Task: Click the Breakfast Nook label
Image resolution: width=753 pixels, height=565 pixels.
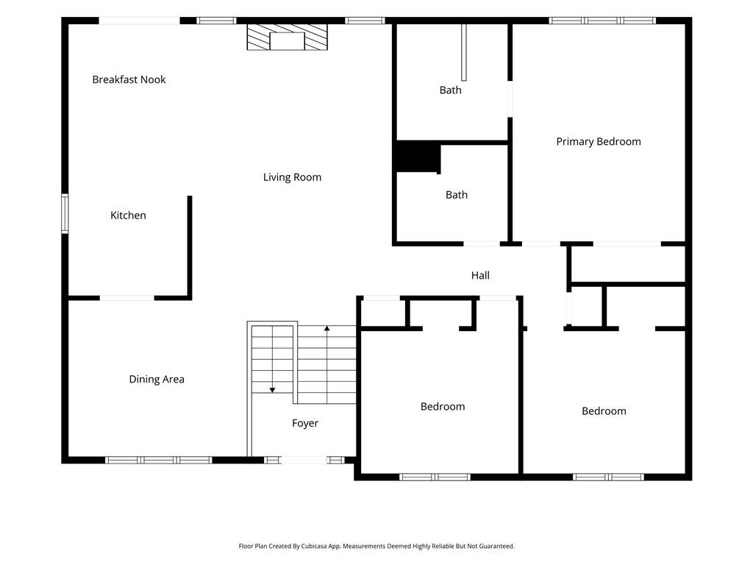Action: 129,79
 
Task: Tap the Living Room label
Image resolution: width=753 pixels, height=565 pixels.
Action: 292,177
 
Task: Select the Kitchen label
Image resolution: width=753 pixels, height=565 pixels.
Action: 128,216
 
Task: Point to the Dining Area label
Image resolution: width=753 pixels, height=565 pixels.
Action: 157,379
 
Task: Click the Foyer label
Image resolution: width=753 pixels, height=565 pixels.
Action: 305,423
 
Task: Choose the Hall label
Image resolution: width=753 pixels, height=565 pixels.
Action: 480,275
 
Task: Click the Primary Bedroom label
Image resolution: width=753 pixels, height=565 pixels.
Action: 599,142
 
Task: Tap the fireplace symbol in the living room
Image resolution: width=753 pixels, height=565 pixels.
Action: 288,37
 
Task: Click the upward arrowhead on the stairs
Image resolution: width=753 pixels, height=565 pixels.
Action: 327,329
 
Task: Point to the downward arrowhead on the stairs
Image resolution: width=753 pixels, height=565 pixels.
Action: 272,390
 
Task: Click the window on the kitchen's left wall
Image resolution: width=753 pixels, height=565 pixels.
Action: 65,214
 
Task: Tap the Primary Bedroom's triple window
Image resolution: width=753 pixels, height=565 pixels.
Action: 602,21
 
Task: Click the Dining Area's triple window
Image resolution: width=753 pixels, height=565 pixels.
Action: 159,461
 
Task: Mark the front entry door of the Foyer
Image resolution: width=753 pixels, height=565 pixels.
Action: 304,461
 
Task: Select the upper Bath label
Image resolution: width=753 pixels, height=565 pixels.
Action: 451,90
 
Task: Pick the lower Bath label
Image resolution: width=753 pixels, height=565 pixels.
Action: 456,195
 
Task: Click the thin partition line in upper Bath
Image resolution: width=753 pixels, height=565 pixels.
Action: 464,52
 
